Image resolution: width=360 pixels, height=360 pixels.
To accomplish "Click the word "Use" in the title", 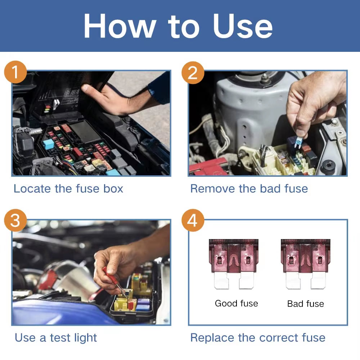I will [243, 27].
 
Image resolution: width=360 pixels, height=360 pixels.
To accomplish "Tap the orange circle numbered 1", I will [15, 72].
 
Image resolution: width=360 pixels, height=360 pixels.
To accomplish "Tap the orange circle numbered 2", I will [193, 72].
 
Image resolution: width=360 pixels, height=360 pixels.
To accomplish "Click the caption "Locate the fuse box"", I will [68, 188].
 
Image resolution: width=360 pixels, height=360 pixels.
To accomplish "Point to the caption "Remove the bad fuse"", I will [249, 188].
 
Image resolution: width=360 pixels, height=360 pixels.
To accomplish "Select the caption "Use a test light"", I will [56, 338].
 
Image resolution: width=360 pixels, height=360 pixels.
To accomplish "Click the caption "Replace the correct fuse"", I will [258, 338].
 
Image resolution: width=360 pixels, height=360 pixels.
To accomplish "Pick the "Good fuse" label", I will [236, 303].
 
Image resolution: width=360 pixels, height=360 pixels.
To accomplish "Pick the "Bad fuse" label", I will [305, 303].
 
